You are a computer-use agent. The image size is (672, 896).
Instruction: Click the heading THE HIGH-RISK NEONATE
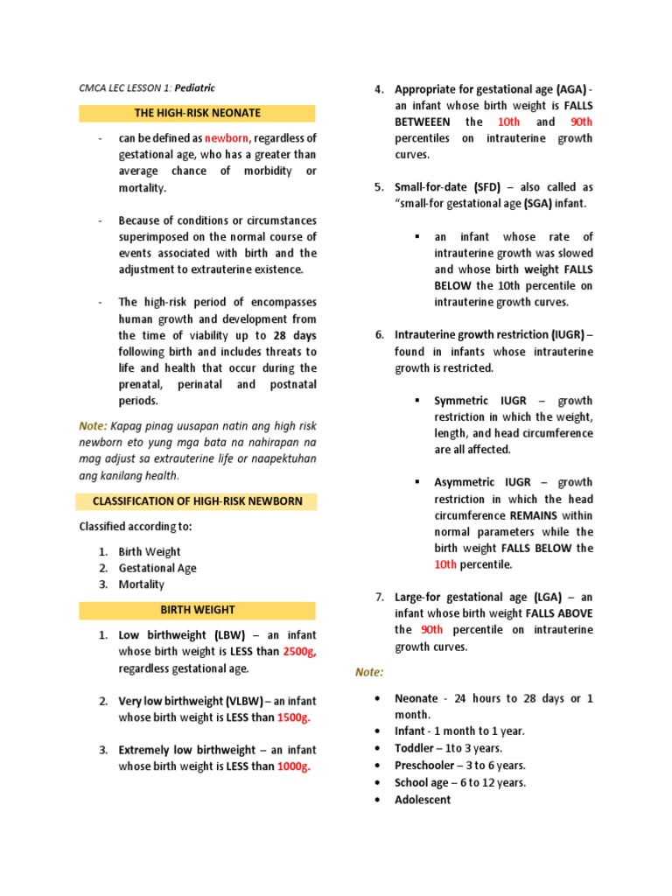click(x=198, y=113)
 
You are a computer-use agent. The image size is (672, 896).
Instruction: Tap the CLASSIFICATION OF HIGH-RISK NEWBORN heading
click(x=198, y=501)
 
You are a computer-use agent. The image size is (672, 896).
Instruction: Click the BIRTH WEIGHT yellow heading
click(x=198, y=609)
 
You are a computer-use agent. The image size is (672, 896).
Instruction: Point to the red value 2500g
click(x=299, y=652)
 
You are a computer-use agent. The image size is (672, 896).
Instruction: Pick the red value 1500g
click(x=293, y=717)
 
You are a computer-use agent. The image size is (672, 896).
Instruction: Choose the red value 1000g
click(x=293, y=766)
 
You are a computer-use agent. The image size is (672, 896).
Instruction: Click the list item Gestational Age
click(x=157, y=568)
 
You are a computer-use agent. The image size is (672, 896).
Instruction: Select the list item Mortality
click(x=142, y=584)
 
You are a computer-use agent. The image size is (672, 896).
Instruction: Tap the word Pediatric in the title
click(x=193, y=87)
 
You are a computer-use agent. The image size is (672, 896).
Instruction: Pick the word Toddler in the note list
click(x=414, y=748)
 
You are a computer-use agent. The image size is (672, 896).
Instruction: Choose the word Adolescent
click(x=423, y=800)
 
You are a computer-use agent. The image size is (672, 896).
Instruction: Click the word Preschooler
click(x=426, y=766)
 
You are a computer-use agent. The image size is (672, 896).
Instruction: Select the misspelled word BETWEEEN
click(x=425, y=122)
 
